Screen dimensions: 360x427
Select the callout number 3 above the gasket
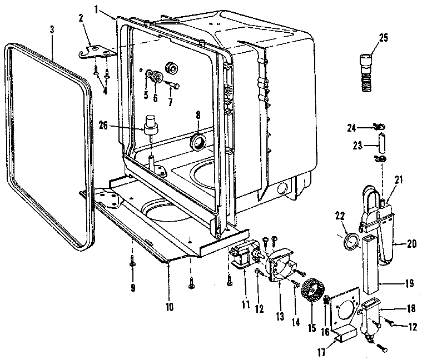point(51,28)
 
